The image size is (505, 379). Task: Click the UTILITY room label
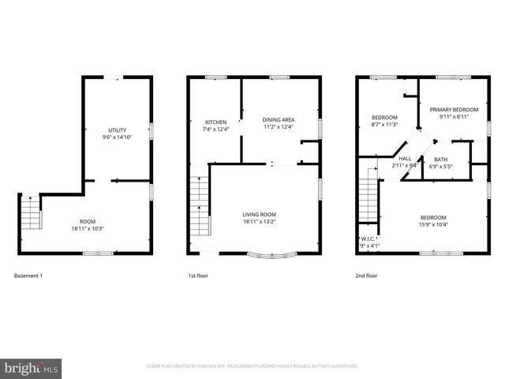pyautogui.click(x=118, y=130)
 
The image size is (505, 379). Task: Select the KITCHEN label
pyautogui.click(x=215, y=122)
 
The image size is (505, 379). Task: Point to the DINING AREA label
pyautogui.click(x=278, y=120)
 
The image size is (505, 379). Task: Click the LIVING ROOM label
pyautogui.click(x=259, y=214)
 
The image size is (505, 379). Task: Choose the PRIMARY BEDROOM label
pyautogui.click(x=454, y=109)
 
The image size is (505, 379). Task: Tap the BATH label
pyautogui.click(x=440, y=159)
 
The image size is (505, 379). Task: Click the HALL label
pyautogui.click(x=406, y=159)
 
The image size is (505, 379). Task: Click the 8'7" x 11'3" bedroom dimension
pyautogui.click(x=384, y=124)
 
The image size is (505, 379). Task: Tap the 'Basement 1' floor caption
pyautogui.click(x=28, y=276)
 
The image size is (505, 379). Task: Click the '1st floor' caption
pyautogui.click(x=198, y=276)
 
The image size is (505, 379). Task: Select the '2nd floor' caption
pyautogui.click(x=367, y=276)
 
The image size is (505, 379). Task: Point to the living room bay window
pyautogui.click(x=270, y=254)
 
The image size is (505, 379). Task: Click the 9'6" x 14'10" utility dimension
pyautogui.click(x=118, y=137)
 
